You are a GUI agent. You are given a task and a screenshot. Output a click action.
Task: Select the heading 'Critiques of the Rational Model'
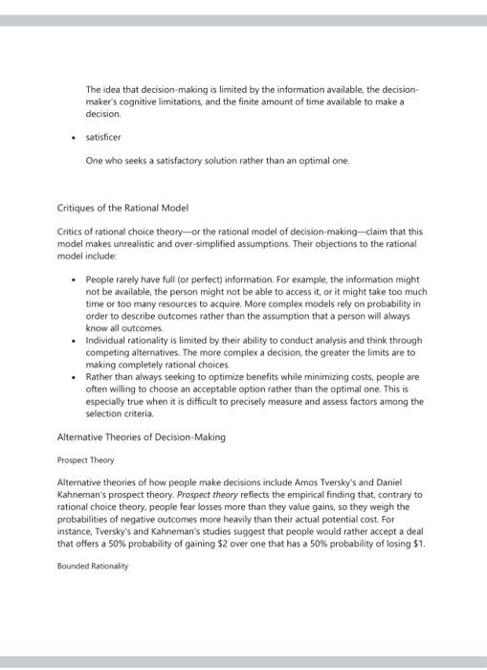pyautogui.click(x=123, y=208)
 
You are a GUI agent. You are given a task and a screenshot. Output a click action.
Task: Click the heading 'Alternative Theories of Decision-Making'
pyautogui.click(x=141, y=436)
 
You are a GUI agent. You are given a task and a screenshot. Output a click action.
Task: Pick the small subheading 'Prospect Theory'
pyautogui.click(x=86, y=459)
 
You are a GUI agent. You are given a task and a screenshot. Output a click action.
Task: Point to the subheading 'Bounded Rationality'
pyautogui.click(x=93, y=566)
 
